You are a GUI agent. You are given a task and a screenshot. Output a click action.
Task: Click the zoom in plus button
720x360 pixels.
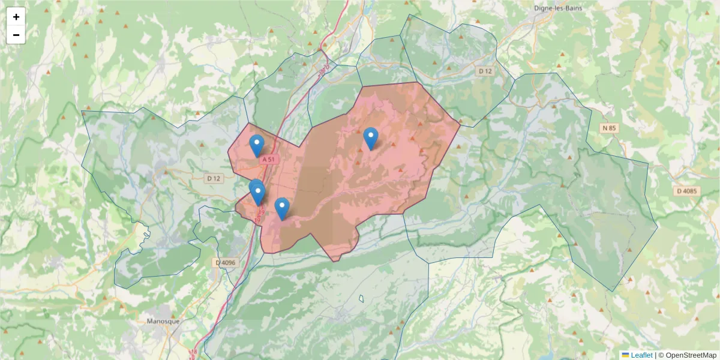tap(16, 17)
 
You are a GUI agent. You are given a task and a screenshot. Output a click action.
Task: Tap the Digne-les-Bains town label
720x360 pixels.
tap(558, 8)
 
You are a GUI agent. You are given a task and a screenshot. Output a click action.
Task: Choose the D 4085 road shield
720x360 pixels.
tap(687, 191)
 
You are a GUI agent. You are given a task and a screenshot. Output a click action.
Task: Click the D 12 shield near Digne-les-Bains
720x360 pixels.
tap(485, 71)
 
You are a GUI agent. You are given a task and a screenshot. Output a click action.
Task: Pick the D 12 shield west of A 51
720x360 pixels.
tap(214, 178)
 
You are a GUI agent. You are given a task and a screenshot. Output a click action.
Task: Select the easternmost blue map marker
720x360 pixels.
tap(371, 138)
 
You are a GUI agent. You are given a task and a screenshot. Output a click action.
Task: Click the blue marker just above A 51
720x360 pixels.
tap(257, 145)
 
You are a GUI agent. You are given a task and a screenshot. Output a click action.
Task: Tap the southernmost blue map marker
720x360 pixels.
tap(282, 208)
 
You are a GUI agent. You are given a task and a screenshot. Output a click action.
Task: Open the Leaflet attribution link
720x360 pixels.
tap(641, 355)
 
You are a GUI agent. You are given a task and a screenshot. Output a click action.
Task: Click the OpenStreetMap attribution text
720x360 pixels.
tap(691, 355)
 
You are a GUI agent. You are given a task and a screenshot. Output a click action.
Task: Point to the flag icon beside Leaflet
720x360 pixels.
tap(625, 355)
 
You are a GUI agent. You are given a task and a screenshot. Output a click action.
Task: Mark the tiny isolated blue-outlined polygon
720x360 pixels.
tap(361, 298)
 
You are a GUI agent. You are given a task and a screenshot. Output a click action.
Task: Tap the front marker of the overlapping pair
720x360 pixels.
tap(259, 194)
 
